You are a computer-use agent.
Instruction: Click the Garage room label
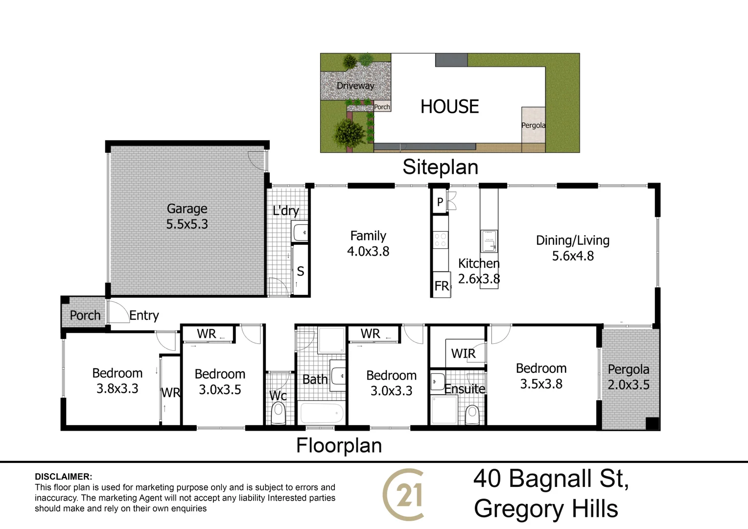click(x=187, y=216)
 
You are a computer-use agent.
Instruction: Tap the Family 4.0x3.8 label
click(x=368, y=243)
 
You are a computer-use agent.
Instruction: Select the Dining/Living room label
click(x=573, y=248)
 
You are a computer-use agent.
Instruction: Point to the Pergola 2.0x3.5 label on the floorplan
click(x=629, y=377)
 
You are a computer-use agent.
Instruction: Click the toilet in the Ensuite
click(x=472, y=414)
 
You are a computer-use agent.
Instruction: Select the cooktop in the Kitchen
click(x=441, y=240)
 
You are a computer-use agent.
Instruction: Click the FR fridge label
click(x=442, y=286)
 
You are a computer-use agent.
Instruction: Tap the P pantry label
click(x=440, y=202)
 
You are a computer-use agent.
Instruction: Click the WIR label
click(x=463, y=353)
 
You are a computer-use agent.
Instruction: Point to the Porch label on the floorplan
click(x=85, y=315)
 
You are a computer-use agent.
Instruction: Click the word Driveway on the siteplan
click(x=355, y=86)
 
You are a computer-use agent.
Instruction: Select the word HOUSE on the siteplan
click(x=449, y=106)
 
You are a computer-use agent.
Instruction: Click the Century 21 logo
click(x=403, y=495)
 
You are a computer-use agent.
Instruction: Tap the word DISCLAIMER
click(x=63, y=477)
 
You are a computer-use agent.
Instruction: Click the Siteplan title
click(x=440, y=168)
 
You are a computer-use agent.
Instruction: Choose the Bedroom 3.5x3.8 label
click(x=541, y=376)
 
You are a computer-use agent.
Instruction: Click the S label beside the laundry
click(x=301, y=271)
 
